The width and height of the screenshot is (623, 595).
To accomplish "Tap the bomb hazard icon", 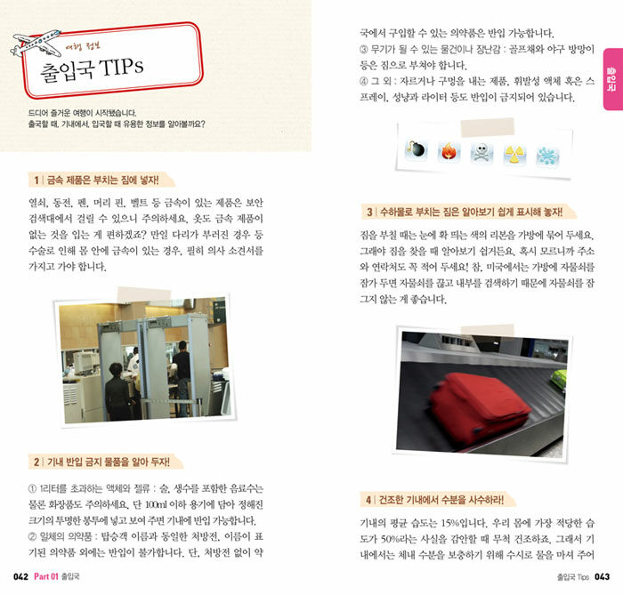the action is tap(416, 150).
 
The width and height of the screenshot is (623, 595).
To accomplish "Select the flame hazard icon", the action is tap(449, 152).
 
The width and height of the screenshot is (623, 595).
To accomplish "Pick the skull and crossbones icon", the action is tap(481, 153).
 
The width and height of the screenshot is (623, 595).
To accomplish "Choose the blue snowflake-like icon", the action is tap(548, 157).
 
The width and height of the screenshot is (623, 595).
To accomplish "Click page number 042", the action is tap(20, 576).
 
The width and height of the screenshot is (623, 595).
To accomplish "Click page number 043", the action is tap(602, 576).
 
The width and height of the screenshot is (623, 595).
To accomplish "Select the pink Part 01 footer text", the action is tap(46, 576).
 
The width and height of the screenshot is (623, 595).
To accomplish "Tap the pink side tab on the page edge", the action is tap(612, 79).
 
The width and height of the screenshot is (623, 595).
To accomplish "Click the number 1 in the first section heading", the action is tap(36, 181).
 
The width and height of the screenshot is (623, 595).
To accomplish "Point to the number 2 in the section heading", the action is tap(36, 462).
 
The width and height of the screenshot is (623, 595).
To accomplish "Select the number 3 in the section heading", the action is tap(369, 213).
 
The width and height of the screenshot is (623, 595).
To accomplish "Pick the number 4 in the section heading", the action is tap(368, 500).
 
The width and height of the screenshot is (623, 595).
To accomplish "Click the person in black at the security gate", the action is tap(117, 392).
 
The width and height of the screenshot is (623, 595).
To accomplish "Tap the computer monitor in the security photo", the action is tap(85, 362).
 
